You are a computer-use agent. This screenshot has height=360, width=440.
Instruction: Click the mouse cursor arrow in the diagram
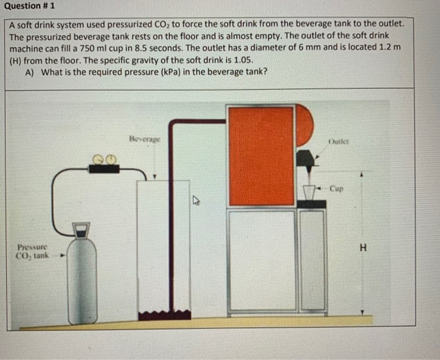pos(195,201)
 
